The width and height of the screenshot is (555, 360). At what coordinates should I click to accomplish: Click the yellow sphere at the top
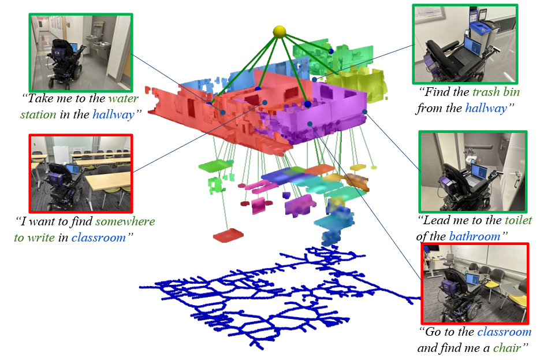point(280,30)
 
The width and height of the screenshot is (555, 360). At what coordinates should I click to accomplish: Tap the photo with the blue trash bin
point(464,44)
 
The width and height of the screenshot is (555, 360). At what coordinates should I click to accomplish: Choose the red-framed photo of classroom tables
point(81,173)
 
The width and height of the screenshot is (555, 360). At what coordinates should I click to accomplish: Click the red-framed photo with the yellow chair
point(475,283)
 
